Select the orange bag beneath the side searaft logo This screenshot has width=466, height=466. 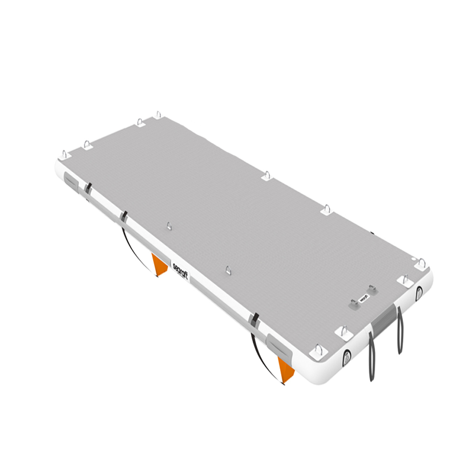point(160,264)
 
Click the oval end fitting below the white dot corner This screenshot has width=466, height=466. point(419,292)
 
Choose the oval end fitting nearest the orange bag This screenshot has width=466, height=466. point(347,357)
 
